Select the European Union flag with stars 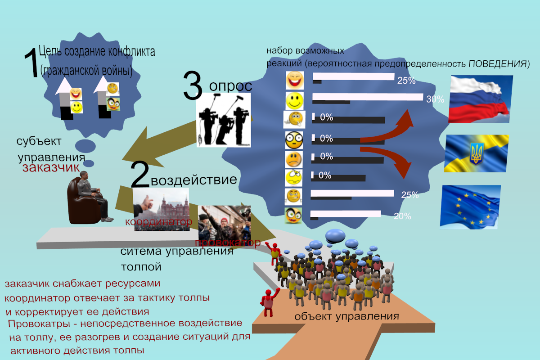pyautogui.click(x=471, y=207)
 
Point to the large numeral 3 pyautogui.click(x=193, y=86)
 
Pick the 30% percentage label pyautogui.click(x=435, y=100)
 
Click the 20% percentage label pyautogui.click(x=402, y=216)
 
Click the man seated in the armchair pyautogui.click(x=90, y=198)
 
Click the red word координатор pyautogui.click(x=158, y=222)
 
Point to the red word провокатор pyautogui.click(x=227, y=243)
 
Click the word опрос pyautogui.click(x=230, y=86)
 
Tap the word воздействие pyautogui.click(x=194, y=180)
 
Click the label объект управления pyautogui.click(x=346, y=316)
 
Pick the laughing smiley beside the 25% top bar pyautogui.click(x=295, y=80)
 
